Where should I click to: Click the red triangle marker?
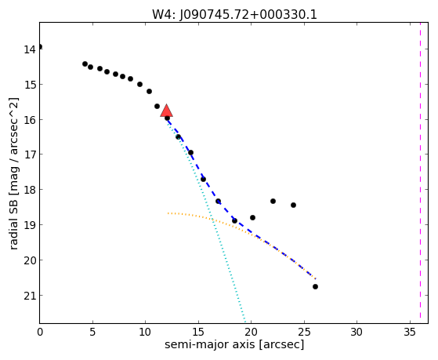(x=166, y=111)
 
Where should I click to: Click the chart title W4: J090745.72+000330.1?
(x=234, y=14)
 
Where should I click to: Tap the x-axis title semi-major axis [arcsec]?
(x=234, y=344)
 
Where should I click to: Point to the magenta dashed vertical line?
(x=420, y=173)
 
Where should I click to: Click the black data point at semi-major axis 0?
(x=40, y=47)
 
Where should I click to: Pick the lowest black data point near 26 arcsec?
(x=315, y=287)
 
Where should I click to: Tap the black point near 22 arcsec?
(x=273, y=201)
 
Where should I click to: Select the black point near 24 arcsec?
(x=293, y=205)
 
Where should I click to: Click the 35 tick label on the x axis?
(x=410, y=332)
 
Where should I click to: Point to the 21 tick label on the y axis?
(x=30, y=296)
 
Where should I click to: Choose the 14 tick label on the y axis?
(x=30, y=49)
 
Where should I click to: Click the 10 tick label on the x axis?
(x=145, y=332)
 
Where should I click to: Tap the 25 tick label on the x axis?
(x=304, y=332)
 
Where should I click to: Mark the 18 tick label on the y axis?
(x=30, y=190)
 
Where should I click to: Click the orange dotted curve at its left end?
(x=168, y=213)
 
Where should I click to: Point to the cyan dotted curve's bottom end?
(x=245, y=322)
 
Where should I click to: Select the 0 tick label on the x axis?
(x=40, y=332)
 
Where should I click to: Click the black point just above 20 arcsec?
(x=252, y=217)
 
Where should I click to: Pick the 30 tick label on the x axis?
(x=357, y=332)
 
